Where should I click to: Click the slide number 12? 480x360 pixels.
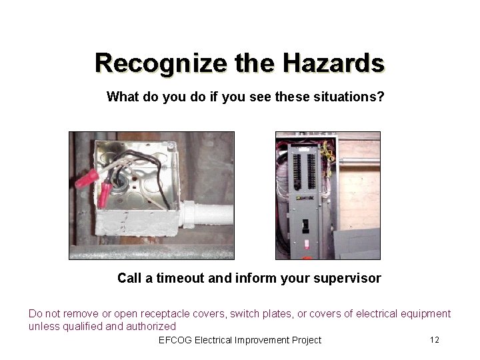(434, 340)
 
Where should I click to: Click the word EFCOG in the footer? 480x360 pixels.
(175, 340)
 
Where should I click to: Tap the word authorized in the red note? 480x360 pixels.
(155, 327)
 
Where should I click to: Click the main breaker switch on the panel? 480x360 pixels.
(305, 227)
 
